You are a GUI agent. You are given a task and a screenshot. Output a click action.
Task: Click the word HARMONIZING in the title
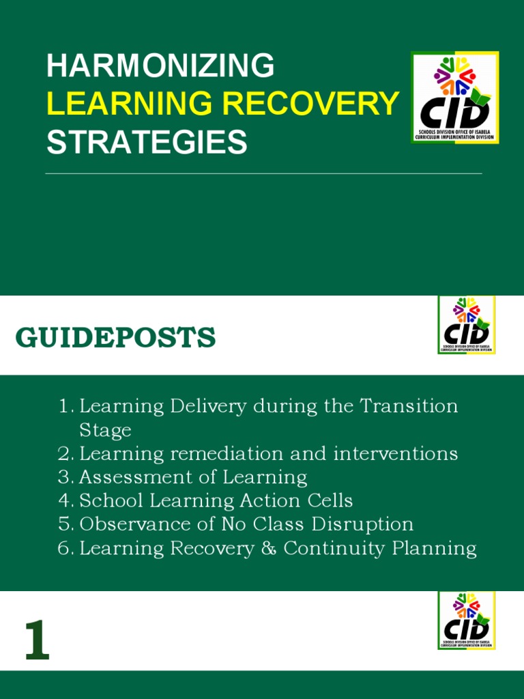tap(160, 66)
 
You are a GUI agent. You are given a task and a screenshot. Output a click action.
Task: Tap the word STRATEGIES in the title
tap(146, 142)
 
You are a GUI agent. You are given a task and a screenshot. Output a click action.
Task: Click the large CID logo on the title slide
tap(454, 98)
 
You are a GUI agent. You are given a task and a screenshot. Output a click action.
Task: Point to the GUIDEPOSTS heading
tap(116, 338)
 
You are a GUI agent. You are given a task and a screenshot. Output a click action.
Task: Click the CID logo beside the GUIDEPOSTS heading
tap(467, 325)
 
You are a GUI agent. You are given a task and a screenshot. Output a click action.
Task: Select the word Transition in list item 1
tap(409, 406)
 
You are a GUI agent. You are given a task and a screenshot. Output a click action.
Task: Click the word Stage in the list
tap(105, 430)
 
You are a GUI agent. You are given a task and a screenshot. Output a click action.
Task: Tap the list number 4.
tap(64, 500)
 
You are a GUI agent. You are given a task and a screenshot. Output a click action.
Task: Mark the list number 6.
tap(64, 548)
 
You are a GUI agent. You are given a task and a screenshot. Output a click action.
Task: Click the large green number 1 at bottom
tap(38, 642)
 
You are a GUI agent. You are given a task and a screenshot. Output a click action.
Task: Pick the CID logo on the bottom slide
tap(467, 620)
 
